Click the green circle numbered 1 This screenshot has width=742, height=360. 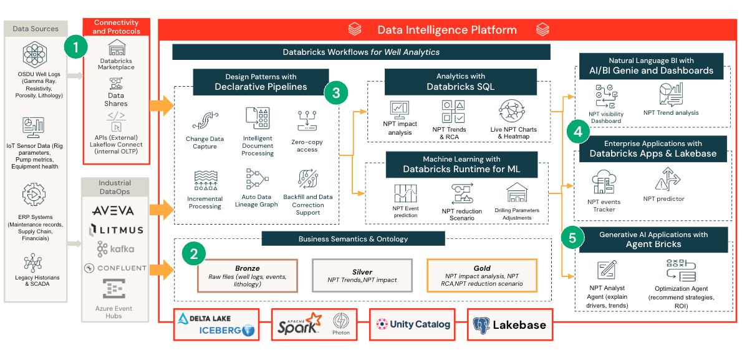tap(76, 47)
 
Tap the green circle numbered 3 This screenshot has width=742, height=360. tap(335, 93)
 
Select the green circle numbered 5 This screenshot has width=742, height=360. tap(573, 237)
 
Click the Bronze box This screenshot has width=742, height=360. tap(248, 275)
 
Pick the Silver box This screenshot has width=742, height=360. tap(362, 275)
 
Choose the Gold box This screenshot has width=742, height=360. tap(481, 275)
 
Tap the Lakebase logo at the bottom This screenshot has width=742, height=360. tap(509, 324)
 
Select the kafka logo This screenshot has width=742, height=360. tap(115, 249)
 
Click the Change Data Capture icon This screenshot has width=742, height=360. tap(205, 120)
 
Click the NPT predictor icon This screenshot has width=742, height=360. tap(663, 180)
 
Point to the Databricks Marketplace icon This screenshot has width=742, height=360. tap(117, 49)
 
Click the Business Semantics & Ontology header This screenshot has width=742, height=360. tap(353, 239)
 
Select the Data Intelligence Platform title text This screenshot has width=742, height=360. tap(447, 29)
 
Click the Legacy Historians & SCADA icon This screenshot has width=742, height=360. tap(33, 261)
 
